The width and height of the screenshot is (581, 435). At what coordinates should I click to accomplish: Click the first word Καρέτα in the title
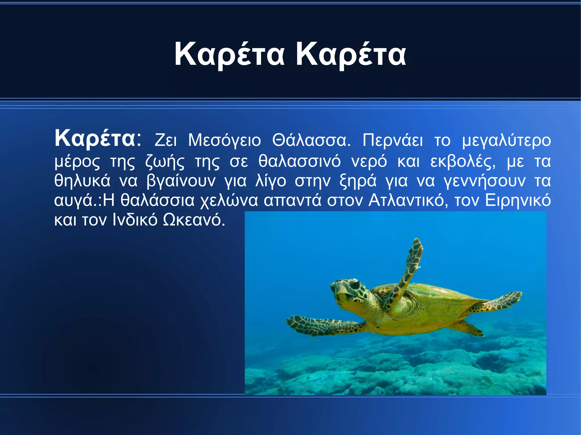[229, 54]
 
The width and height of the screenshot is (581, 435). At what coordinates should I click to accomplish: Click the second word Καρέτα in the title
[351, 54]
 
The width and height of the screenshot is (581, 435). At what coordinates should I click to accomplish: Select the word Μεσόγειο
[224, 141]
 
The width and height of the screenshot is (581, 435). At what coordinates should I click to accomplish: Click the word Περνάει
[393, 141]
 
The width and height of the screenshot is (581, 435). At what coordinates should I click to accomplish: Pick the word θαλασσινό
[299, 162]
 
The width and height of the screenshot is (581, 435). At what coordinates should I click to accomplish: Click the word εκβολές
[463, 162]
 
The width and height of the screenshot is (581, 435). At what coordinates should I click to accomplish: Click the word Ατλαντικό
[408, 201]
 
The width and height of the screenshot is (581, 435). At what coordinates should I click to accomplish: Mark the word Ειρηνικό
[518, 201]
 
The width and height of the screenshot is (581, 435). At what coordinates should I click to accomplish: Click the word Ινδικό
[135, 220]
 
